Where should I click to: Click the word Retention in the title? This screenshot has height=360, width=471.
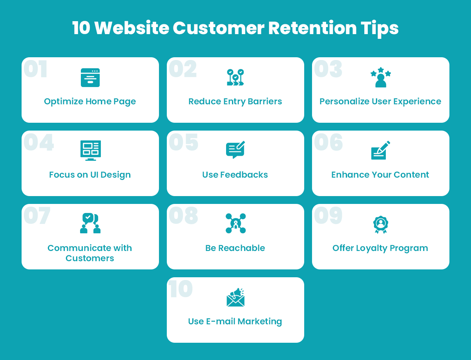tap(312, 28)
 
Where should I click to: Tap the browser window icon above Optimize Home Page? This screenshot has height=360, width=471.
tap(90, 78)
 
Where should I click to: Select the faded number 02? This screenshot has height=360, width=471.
tap(183, 69)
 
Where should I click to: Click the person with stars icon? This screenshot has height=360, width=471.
tap(381, 77)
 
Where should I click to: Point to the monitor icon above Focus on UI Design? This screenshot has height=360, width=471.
tap(91, 151)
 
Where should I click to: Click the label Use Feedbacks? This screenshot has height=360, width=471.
tap(235, 175)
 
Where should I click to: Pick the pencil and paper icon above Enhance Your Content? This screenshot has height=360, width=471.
tap(381, 150)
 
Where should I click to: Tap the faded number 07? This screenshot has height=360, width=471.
tap(37, 215)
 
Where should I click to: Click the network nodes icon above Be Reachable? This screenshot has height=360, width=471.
tap(235, 223)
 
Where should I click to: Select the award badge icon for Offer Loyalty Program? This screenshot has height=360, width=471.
tap(381, 224)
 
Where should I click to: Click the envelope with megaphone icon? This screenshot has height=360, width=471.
tap(235, 297)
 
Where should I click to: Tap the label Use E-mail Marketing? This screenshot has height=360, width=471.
tap(235, 322)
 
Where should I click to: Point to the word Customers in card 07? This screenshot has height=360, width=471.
tap(90, 258)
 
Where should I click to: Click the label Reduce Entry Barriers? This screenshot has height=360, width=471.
tap(235, 102)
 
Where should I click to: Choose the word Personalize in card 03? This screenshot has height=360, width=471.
tap(344, 102)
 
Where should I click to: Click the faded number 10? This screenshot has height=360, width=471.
tap(181, 289)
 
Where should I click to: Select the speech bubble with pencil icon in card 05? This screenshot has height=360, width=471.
tap(235, 150)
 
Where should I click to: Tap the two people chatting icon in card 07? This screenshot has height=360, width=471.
tap(90, 223)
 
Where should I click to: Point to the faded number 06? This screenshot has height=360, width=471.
tap(328, 142)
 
